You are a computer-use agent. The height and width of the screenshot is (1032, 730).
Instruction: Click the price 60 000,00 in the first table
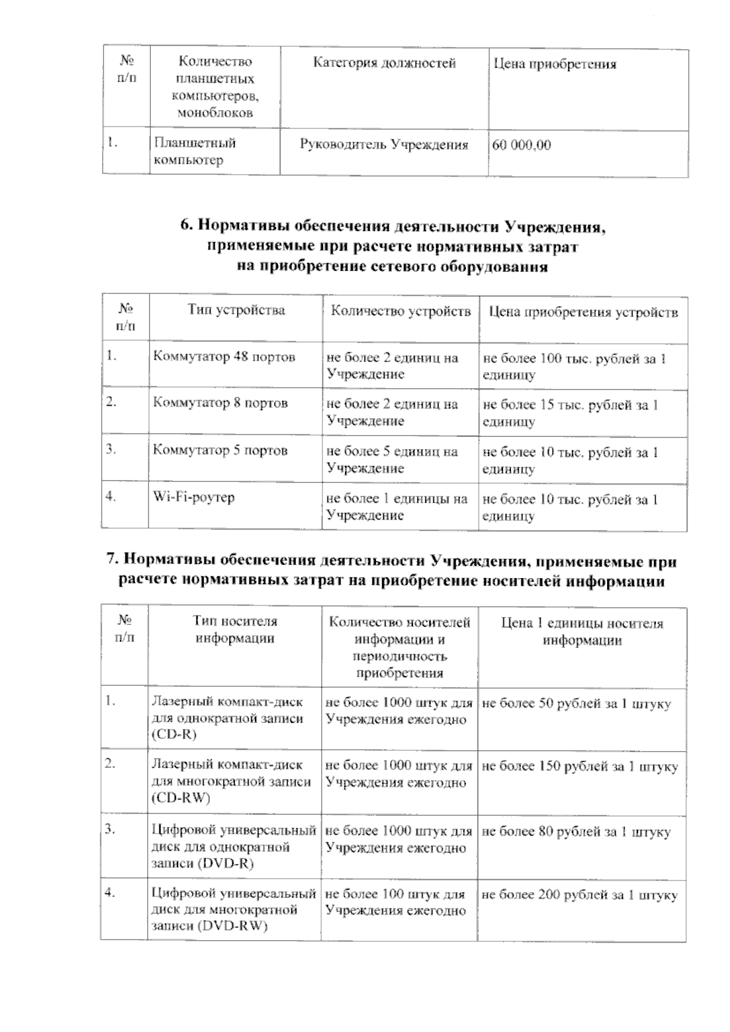pyautogui.click(x=521, y=145)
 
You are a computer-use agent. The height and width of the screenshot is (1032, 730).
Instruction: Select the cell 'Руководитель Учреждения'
pyautogui.click(x=384, y=145)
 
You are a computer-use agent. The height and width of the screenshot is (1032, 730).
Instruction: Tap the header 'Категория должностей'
pyautogui.click(x=384, y=63)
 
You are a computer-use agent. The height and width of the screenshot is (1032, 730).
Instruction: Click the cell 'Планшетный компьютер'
pyautogui.click(x=195, y=152)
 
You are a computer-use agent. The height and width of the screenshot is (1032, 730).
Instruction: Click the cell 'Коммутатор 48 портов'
pyautogui.click(x=224, y=357)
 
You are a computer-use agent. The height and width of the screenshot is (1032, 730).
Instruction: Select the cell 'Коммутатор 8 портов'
pyautogui.click(x=220, y=403)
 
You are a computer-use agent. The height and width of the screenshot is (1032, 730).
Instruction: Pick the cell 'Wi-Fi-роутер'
pyautogui.click(x=193, y=497)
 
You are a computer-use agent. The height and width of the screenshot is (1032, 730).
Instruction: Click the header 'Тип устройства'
pyautogui.click(x=236, y=310)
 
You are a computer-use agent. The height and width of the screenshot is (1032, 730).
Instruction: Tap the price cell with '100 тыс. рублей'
pyautogui.click(x=574, y=366)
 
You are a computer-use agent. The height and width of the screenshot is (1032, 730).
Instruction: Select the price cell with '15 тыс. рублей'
pyautogui.click(x=570, y=413)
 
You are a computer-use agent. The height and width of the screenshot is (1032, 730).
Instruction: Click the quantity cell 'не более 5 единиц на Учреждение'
pyautogui.click(x=392, y=460)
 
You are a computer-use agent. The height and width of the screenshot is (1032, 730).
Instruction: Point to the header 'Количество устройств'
pyautogui.click(x=400, y=312)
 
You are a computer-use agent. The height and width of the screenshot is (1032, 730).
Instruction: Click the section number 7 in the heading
pyautogui.click(x=111, y=560)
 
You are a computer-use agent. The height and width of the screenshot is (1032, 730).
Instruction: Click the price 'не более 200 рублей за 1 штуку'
pyautogui.click(x=579, y=895)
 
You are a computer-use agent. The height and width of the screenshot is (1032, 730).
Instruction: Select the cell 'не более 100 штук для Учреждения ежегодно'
pyautogui.click(x=396, y=902)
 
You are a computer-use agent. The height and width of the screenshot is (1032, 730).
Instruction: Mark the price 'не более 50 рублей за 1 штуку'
pyautogui.click(x=576, y=704)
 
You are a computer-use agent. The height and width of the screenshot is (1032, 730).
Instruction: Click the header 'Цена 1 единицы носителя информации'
pyautogui.click(x=582, y=632)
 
